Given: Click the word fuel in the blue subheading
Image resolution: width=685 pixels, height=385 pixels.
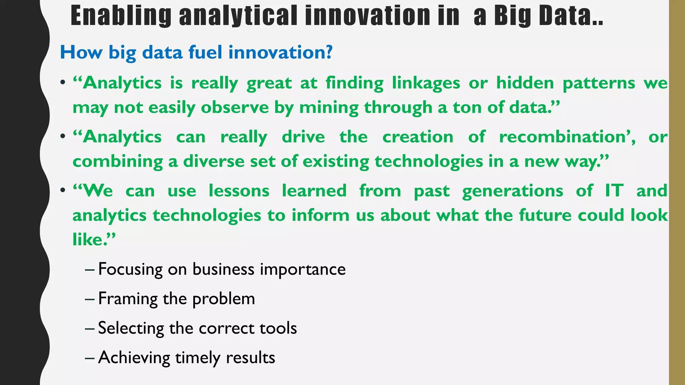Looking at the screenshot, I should [x=205, y=52].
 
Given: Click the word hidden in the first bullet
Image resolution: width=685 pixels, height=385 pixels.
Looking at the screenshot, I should [x=525, y=83].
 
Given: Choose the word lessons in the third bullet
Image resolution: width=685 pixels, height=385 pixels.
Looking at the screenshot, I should [x=239, y=191].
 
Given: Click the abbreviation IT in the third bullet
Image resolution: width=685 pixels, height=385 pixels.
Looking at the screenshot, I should [x=614, y=191].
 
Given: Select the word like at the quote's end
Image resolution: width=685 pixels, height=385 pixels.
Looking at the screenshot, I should [x=88, y=239].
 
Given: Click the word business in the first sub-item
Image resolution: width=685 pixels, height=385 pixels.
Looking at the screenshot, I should [x=223, y=269].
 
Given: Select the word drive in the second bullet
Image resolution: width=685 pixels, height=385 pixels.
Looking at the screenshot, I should [x=303, y=137].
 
